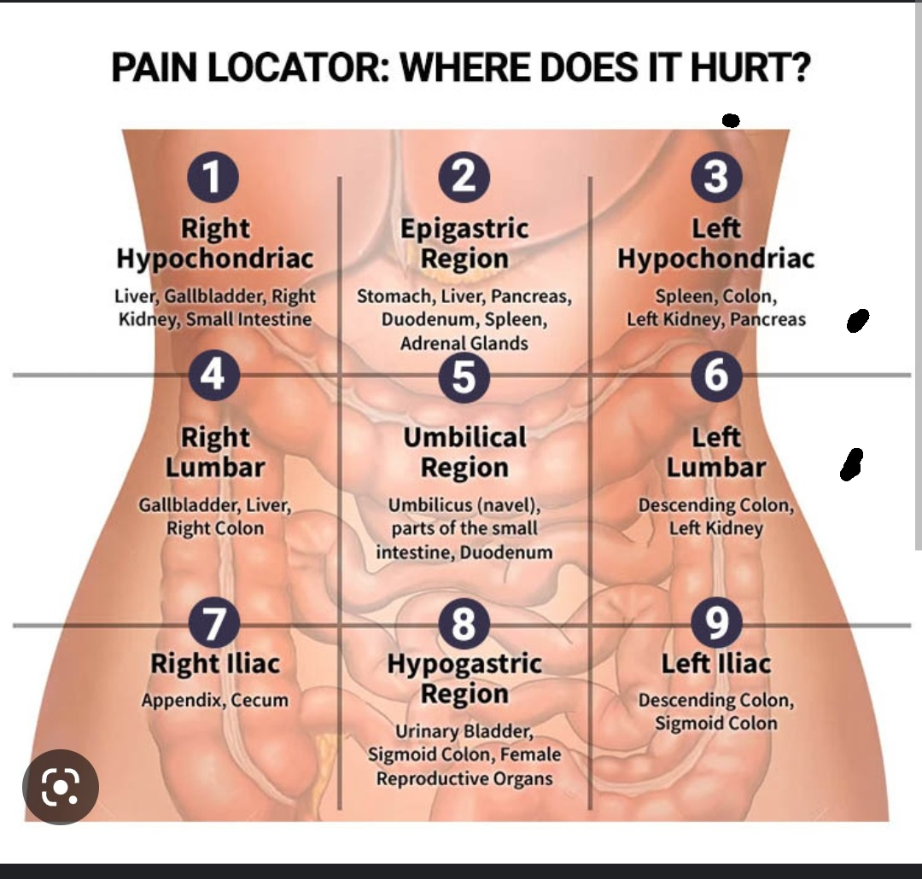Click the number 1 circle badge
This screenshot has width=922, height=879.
[x=213, y=176]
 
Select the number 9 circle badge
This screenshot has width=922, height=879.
[x=716, y=625]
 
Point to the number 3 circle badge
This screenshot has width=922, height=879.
[x=716, y=176]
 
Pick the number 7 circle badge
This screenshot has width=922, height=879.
[x=213, y=625]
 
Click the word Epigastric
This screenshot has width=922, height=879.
[x=464, y=229]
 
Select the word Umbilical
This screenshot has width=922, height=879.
[x=464, y=438]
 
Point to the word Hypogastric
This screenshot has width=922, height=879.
[x=464, y=663]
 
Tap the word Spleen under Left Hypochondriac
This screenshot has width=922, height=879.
[x=686, y=297]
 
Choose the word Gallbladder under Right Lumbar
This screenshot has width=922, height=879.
[x=188, y=505]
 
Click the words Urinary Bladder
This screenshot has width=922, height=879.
[x=464, y=732]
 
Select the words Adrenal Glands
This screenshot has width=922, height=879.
[x=464, y=343]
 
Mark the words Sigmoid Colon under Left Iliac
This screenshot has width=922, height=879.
[x=716, y=724]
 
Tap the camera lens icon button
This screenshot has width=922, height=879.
[x=61, y=787]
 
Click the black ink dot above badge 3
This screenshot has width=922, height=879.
[x=730, y=120]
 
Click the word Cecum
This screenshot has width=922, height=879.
[x=260, y=701]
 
